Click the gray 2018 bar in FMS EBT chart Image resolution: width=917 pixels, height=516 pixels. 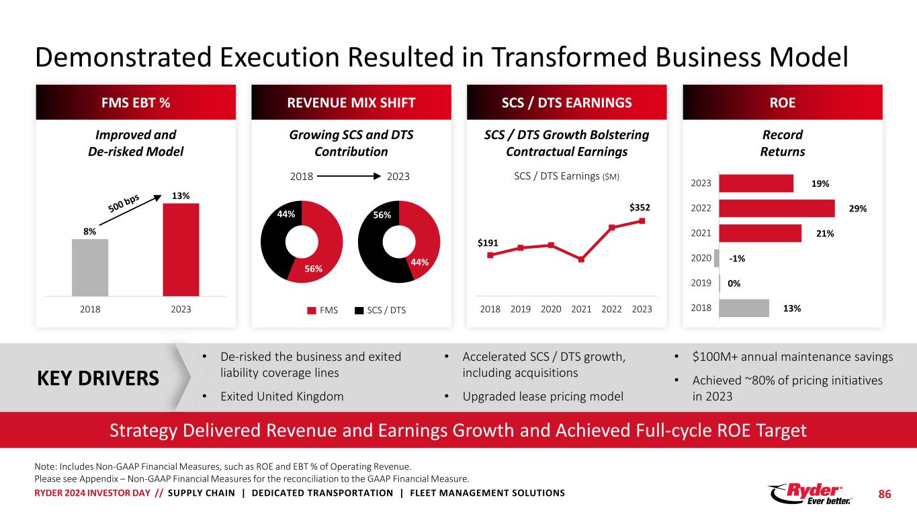pos(90,267)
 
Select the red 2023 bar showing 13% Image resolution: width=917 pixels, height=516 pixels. pos(181,249)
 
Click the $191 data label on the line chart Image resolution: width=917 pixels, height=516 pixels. pos(488,243)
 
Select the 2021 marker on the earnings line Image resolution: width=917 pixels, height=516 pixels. pos(581,259)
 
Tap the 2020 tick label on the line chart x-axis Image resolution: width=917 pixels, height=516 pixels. pos(551,309)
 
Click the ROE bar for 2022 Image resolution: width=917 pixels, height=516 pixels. pos(777,208)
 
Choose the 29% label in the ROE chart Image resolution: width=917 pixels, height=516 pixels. pos(858,209)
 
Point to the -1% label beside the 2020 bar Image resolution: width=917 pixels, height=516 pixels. pos(738,258)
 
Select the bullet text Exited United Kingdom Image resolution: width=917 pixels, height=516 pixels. pos(282,396)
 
